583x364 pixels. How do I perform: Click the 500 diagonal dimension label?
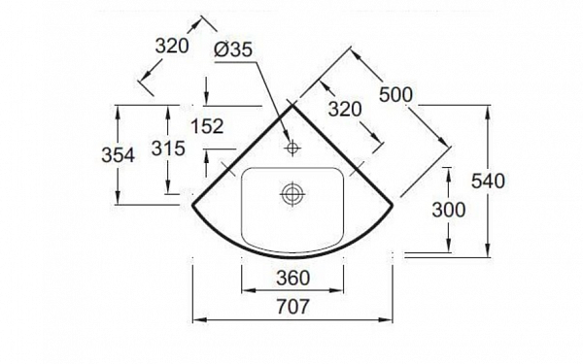point(394,94)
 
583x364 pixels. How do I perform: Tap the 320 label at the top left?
point(171,47)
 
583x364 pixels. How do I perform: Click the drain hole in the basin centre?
point(291,193)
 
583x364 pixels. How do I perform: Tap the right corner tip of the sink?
point(394,205)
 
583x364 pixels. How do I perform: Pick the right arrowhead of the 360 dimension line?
point(346,287)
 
